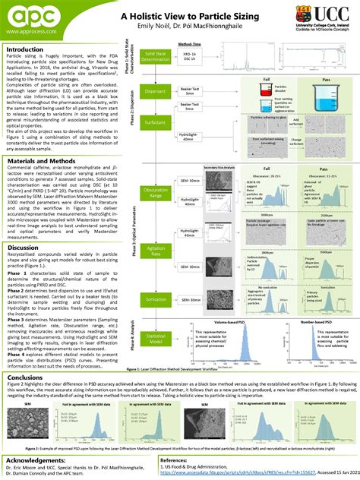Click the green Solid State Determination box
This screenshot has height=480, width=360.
[163, 58]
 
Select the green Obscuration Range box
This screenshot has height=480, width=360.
[163, 194]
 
